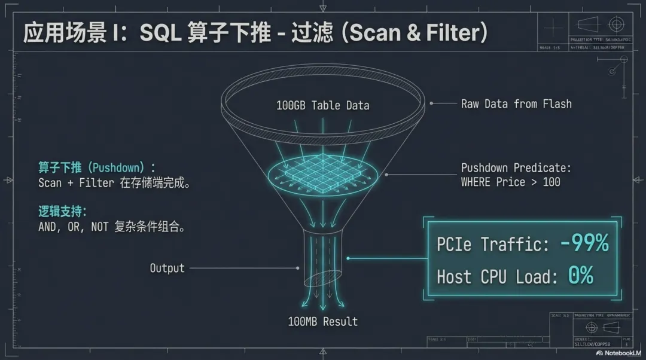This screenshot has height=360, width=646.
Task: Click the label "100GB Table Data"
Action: tap(322, 106)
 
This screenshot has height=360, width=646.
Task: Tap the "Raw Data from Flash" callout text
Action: tap(516, 104)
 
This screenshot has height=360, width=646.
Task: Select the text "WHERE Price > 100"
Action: tap(510, 182)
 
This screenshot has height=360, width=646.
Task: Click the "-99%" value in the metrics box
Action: tap(584, 243)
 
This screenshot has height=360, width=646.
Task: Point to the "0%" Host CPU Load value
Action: tap(580, 276)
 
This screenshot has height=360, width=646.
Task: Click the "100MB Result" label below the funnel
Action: tap(322, 322)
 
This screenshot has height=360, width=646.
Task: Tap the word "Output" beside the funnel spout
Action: tap(167, 269)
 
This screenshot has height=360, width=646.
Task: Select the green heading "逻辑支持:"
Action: tap(62, 211)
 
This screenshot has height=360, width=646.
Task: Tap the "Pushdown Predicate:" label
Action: tap(516, 168)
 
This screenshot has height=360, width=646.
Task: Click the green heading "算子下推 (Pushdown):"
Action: tap(96, 167)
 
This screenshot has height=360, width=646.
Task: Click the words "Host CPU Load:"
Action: tap(497, 277)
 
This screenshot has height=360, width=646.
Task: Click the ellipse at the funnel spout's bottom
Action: tap(323, 279)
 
